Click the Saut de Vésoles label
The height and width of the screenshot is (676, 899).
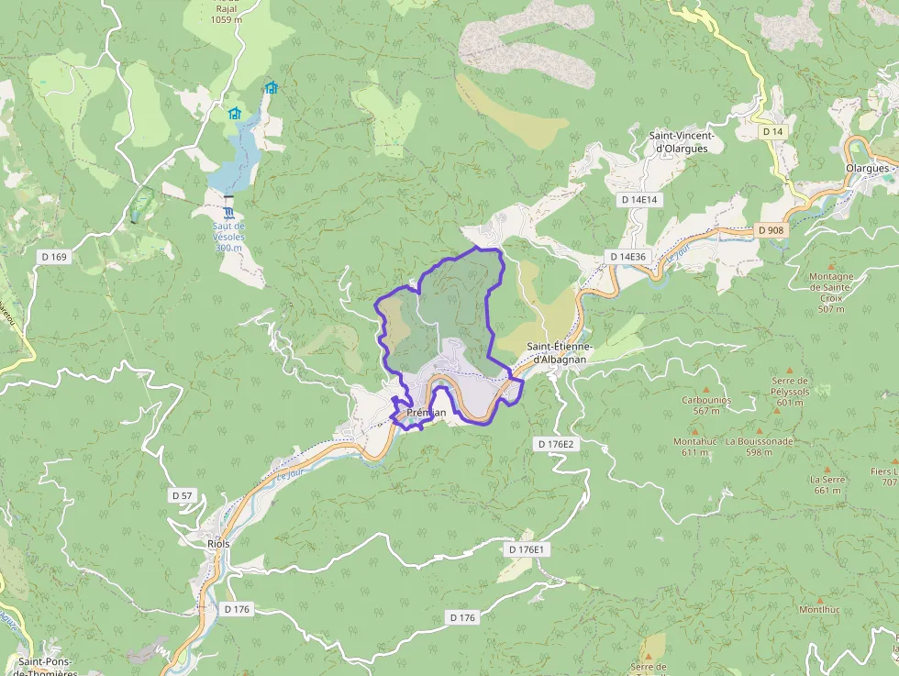coord(228,237)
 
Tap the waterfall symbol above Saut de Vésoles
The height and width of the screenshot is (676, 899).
coord(228,213)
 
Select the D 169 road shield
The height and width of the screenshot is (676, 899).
coord(54,257)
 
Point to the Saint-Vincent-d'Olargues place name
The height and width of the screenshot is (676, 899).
coord(681,142)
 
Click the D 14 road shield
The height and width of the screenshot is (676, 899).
coord(773,132)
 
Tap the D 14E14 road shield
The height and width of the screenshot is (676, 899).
coord(639,199)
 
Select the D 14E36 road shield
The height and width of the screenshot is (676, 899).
coord(627,257)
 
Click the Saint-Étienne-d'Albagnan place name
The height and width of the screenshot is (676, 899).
coord(560,353)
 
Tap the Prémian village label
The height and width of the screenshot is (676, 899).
coord(426,413)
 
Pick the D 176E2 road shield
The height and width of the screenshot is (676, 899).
coord(554,444)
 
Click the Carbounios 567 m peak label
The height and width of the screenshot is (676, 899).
coord(705,405)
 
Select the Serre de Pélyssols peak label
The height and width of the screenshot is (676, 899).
coord(789,391)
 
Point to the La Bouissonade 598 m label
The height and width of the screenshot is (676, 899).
coord(759,446)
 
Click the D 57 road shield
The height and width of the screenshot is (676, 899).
coord(182,495)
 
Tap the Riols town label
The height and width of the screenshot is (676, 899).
coord(218,543)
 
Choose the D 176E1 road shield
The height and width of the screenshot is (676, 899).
coord(527,549)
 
